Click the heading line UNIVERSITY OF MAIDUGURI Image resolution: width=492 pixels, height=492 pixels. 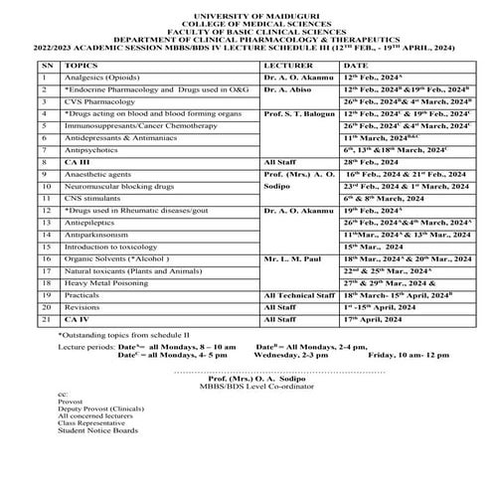(246, 7)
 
